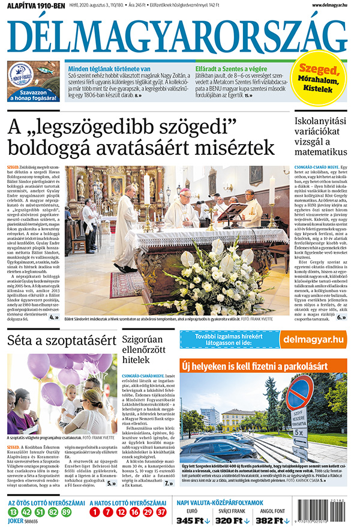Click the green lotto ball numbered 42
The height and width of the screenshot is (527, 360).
click(26, 512)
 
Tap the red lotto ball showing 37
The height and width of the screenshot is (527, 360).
click(161, 512)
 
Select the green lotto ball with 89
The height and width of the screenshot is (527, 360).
click(66, 512)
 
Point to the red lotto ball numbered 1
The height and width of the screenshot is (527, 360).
click(94, 512)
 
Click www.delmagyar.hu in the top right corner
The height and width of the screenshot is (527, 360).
click(329, 5)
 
